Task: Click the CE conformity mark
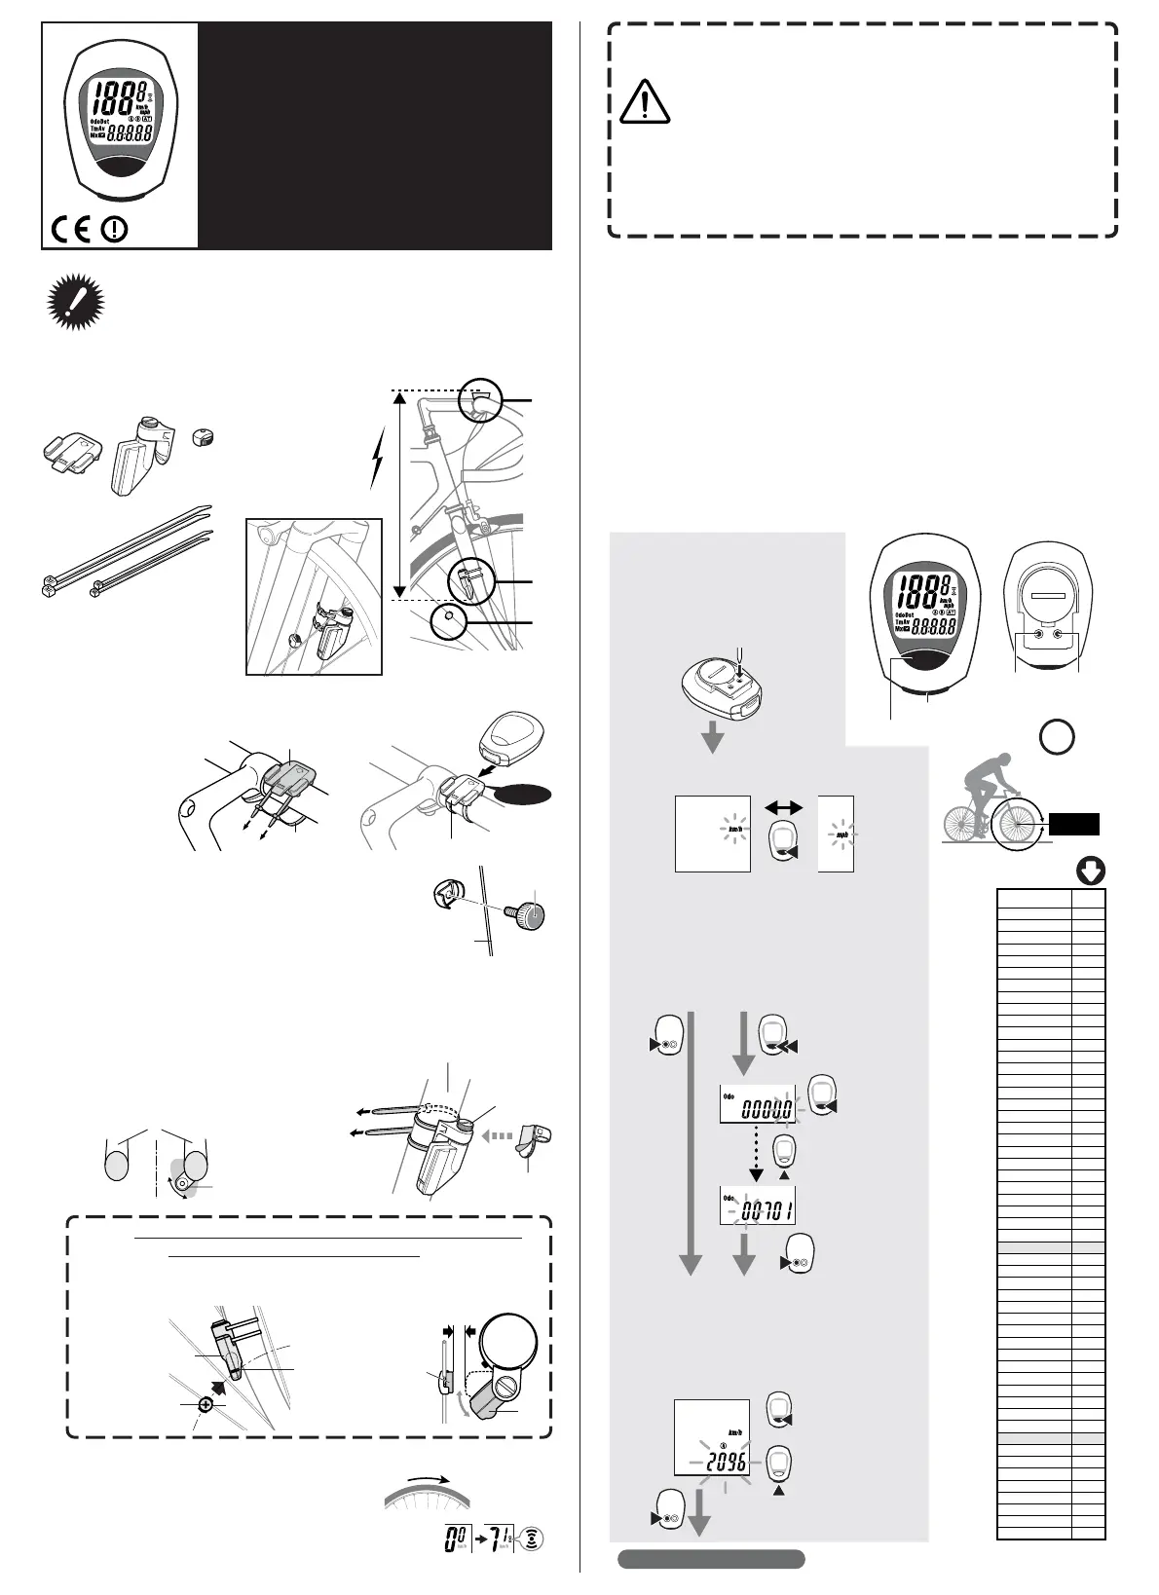click(x=71, y=230)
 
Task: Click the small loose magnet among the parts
click(x=204, y=436)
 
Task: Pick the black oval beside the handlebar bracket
click(x=523, y=795)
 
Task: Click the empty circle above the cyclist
click(x=1058, y=736)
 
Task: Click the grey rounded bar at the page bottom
click(x=711, y=1559)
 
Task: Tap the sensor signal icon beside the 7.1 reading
click(x=531, y=1539)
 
